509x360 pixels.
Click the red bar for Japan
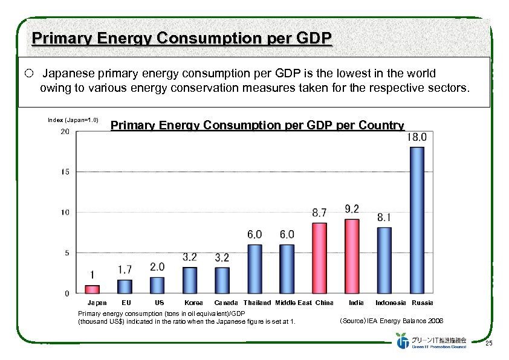pyautogui.click(x=92, y=289)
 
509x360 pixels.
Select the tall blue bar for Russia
pyautogui.click(x=417, y=220)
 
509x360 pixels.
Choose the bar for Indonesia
pyautogui.click(x=384, y=260)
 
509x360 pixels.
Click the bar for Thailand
pyautogui.click(x=254, y=269)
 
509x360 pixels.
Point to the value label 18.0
pyautogui.click(x=417, y=137)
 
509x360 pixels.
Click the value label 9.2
pyautogui.click(x=352, y=209)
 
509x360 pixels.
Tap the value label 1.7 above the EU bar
pyautogui.click(x=125, y=269)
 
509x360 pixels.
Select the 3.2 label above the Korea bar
pyautogui.click(x=189, y=257)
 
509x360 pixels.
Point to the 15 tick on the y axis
pyautogui.click(x=65, y=172)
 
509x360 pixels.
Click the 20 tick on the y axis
pyautogui.click(x=65, y=132)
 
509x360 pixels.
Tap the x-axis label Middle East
pyautogui.click(x=293, y=303)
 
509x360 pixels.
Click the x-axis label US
pyautogui.click(x=159, y=303)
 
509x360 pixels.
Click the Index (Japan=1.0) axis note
pyautogui.click(x=73, y=120)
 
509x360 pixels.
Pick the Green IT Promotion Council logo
pyautogui.click(x=431, y=341)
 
